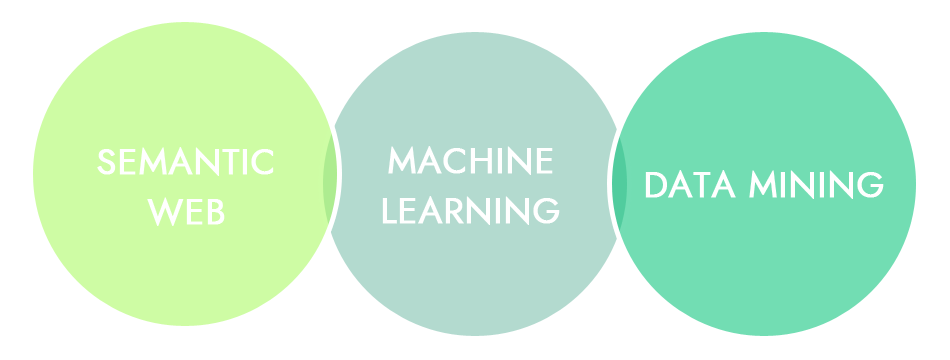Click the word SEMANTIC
pyautogui.click(x=185, y=162)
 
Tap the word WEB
pyautogui.click(x=185, y=211)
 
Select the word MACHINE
pyautogui.click(x=470, y=159)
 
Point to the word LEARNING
pyautogui.click(x=470, y=209)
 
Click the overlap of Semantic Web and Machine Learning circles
pyautogui.click(x=329, y=180)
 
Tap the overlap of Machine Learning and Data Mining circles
pyautogui.click(x=621, y=180)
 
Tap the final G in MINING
pyautogui.click(x=870, y=185)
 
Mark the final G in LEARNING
pyautogui.click(x=545, y=209)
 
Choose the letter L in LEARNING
pyautogui.click(x=391, y=209)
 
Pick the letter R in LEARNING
pyautogui.click(x=460, y=209)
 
